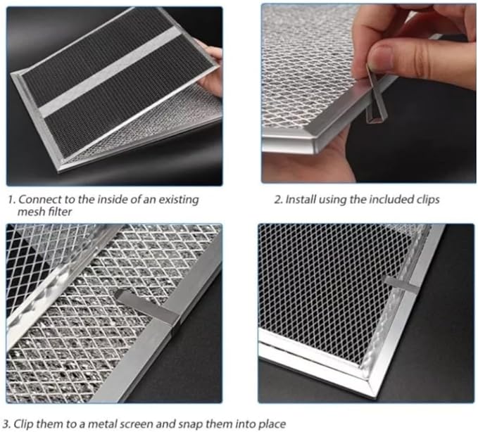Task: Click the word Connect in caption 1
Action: click(x=40, y=199)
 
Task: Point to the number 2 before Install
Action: click(x=277, y=200)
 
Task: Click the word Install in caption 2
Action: click(x=301, y=200)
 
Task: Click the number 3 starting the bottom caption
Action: click(x=6, y=424)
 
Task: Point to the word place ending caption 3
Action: click(x=270, y=424)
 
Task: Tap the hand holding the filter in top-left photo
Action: click(x=211, y=67)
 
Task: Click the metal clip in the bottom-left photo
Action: click(x=151, y=307)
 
